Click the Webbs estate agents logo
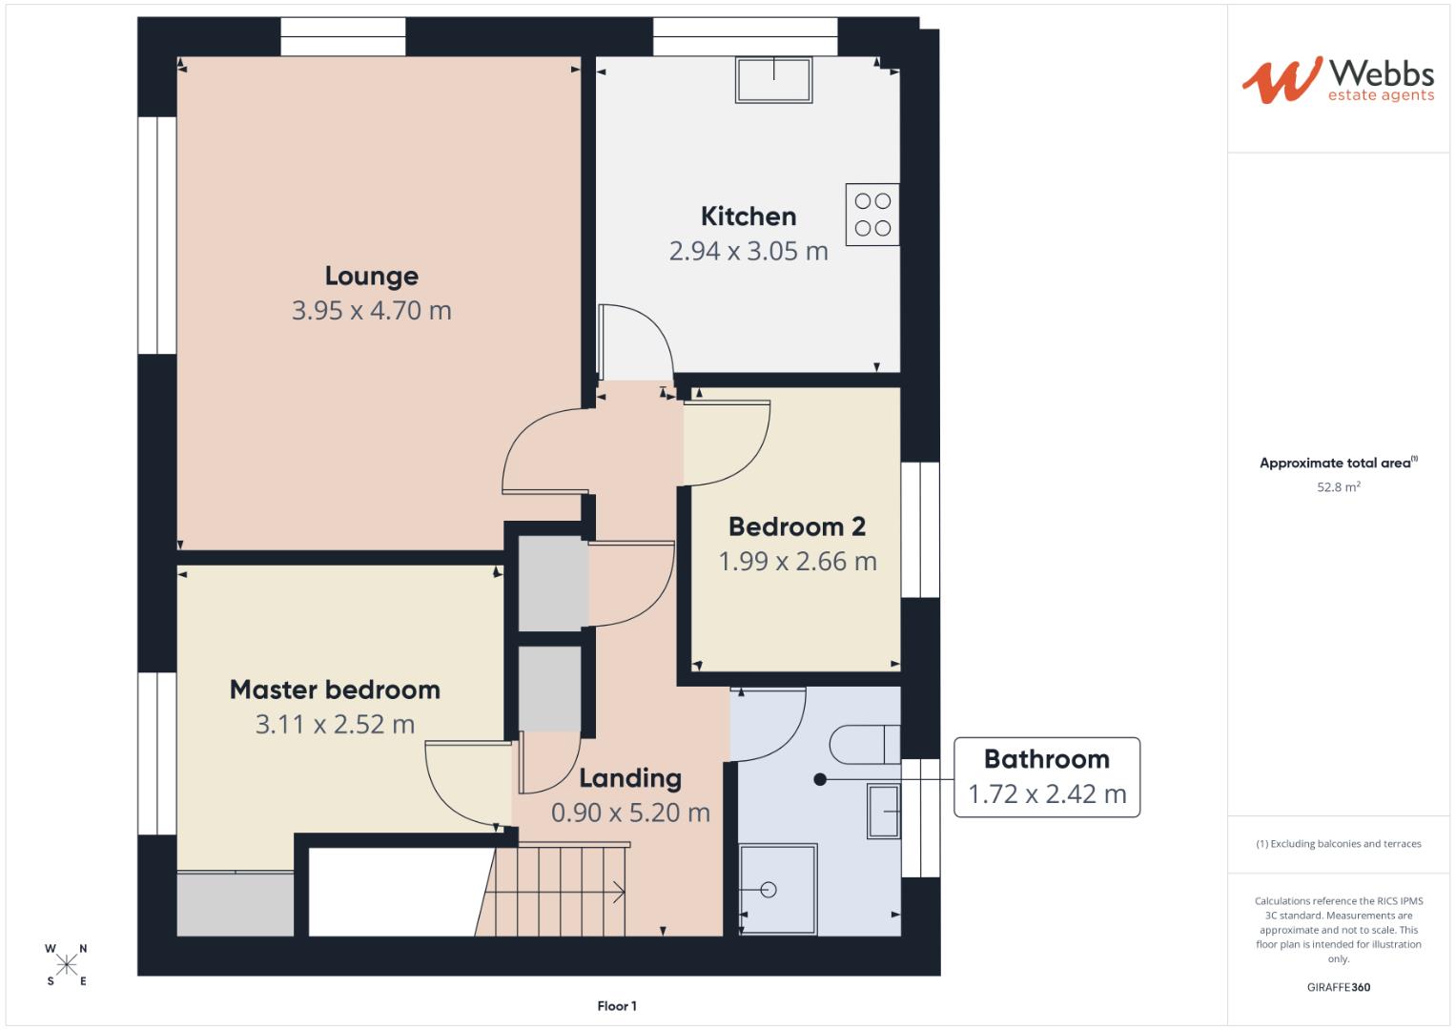tap(1337, 80)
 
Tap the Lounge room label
tap(371, 276)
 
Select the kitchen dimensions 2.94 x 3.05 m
tap(749, 251)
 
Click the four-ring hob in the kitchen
tap(872, 215)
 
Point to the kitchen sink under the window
tap(773, 80)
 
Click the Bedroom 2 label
tap(796, 526)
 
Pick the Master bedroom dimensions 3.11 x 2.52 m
tap(335, 724)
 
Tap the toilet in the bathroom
tap(864, 745)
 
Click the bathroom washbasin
tap(883, 812)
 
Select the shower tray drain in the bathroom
tap(769, 890)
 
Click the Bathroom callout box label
tap(1046, 759)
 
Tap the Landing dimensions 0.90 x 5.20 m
tap(630, 813)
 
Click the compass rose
tap(67, 964)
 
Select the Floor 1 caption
tap(617, 1006)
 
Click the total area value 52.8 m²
tap(1338, 487)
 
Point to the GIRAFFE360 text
tap(1338, 987)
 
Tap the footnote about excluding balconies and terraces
tap(1338, 844)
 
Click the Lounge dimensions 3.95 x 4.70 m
tap(371, 310)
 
